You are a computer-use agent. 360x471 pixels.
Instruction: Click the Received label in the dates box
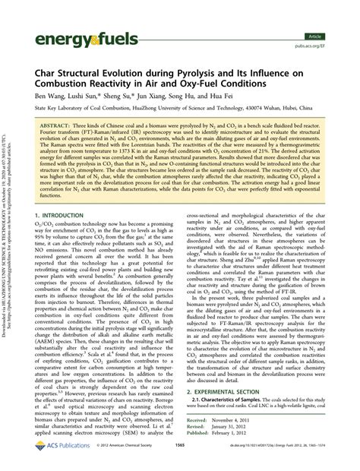(x=197, y=429)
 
